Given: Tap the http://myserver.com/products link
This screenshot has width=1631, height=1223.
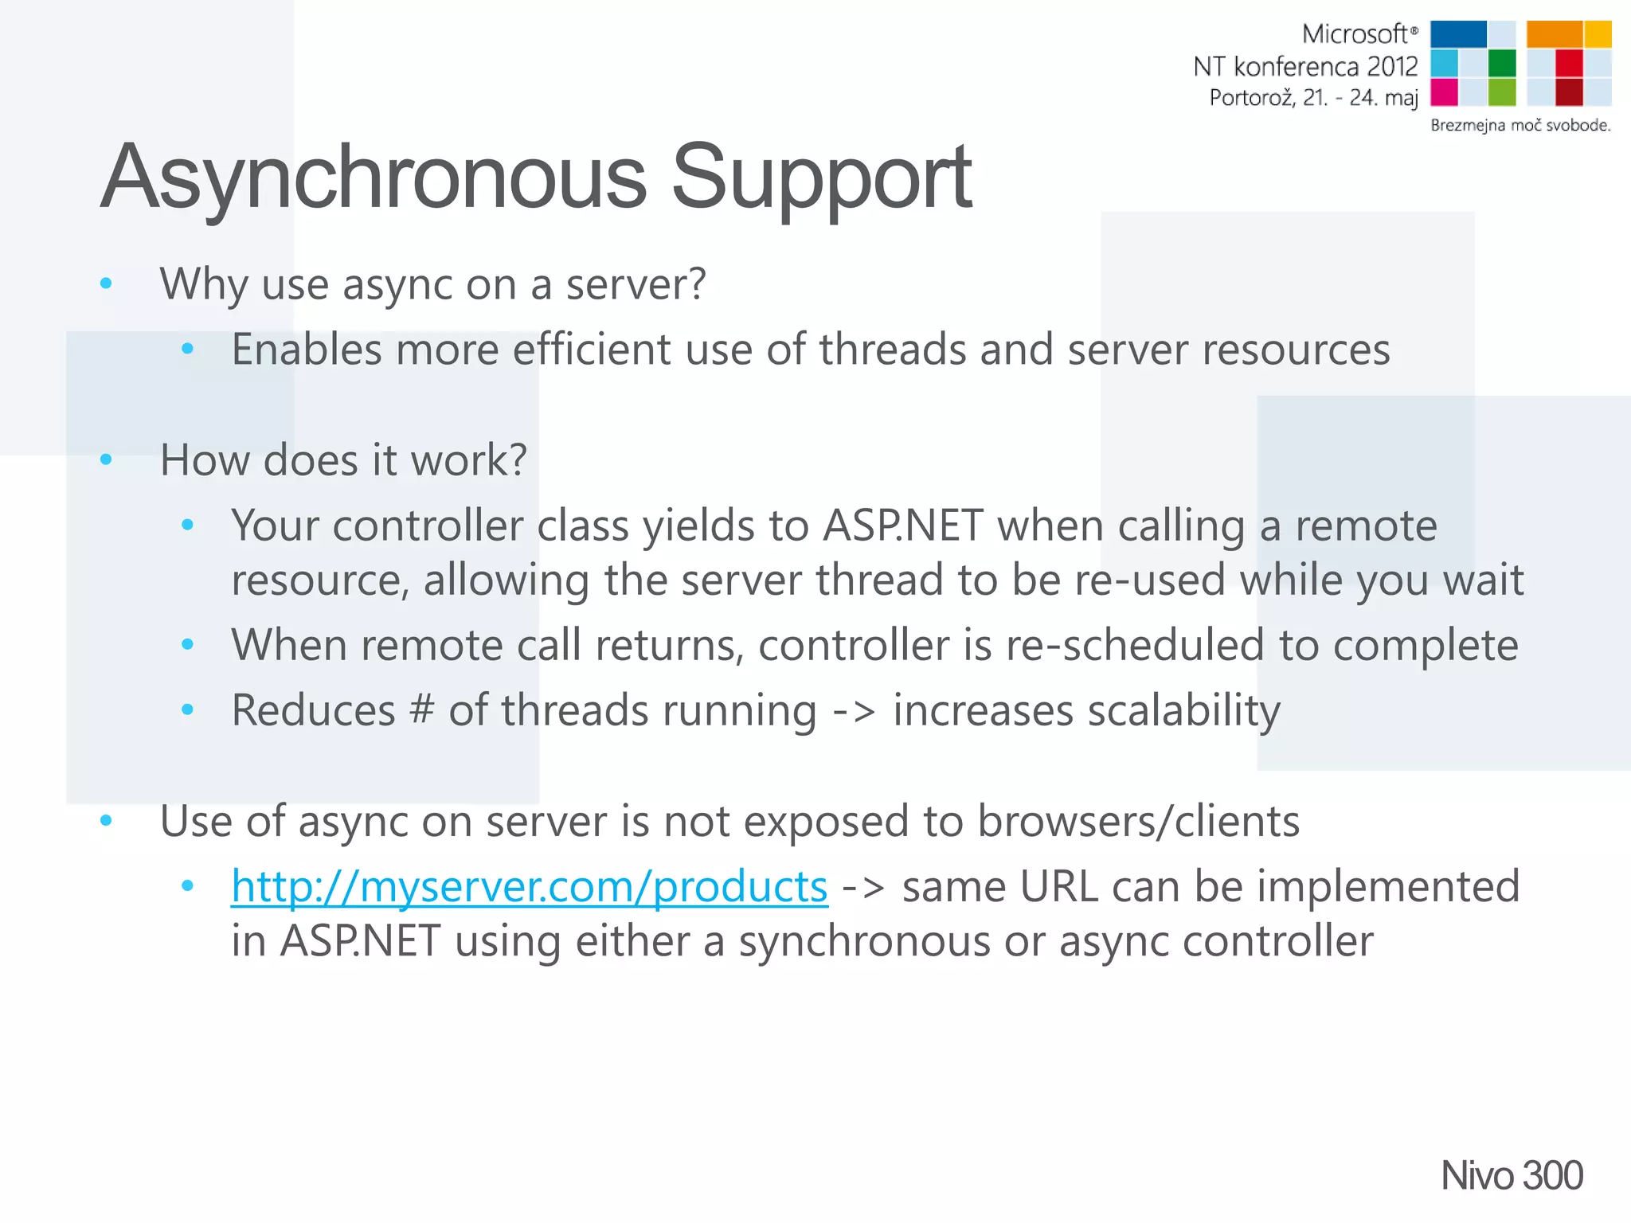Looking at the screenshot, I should [529, 886].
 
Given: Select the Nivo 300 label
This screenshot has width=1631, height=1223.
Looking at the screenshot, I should [1511, 1175].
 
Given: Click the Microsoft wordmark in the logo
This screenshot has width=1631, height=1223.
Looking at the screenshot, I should [1355, 34].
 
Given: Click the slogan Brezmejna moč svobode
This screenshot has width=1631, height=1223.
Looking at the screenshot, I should [1520, 125].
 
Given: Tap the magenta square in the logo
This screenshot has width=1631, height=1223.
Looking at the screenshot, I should [1444, 92].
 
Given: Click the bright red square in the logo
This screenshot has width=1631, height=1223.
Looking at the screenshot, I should [1569, 62].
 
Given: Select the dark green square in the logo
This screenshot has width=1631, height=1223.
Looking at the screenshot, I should [1502, 62].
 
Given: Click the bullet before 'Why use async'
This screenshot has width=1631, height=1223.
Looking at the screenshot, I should [106, 283].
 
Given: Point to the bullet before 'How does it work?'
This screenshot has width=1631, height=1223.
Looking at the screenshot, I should [106, 459].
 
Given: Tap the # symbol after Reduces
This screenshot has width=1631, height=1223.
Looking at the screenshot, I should [421, 709].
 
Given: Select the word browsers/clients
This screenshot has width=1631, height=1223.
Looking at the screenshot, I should [1138, 821].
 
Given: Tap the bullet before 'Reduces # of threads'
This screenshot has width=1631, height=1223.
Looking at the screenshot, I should [188, 709].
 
